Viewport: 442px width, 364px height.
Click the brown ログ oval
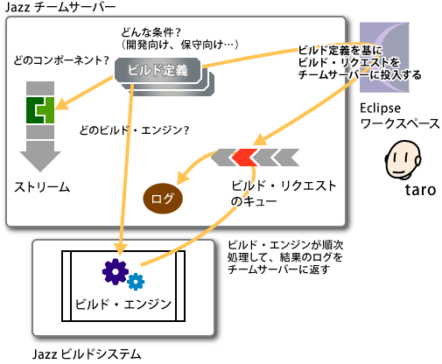pos(163,199)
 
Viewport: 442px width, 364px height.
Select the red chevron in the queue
pos(244,157)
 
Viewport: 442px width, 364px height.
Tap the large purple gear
pos(116,271)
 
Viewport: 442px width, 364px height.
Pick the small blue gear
pos(136,282)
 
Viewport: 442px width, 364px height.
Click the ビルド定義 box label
pos(158,70)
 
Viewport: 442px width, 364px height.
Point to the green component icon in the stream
pos(40,110)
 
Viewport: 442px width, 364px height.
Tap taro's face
pos(403,159)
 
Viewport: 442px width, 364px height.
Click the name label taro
pos(420,190)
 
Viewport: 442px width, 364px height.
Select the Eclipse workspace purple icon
pos(384,58)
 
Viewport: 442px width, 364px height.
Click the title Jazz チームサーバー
pos(60,7)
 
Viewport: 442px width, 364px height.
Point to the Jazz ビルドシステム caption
pos(87,354)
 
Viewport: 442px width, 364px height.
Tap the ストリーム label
pos(42,187)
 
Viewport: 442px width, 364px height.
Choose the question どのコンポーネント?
pos(61,60)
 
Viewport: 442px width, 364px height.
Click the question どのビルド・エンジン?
pos(134,130)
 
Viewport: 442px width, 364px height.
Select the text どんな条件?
pos(151,32)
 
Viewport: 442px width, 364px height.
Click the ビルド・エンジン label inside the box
pos(123,304)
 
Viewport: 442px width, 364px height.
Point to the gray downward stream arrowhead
pos(40,161)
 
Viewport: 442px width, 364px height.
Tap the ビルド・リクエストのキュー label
pos(284,193)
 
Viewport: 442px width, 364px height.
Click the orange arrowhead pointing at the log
pos(183,178)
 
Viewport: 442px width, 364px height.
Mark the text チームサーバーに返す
pos(278,269)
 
